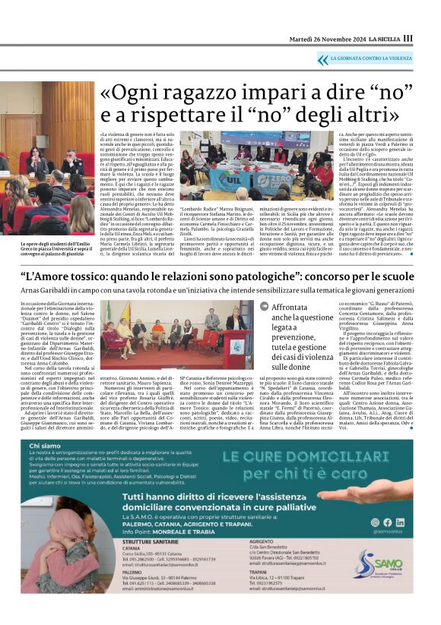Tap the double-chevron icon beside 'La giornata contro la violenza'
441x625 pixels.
pos(322,58)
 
